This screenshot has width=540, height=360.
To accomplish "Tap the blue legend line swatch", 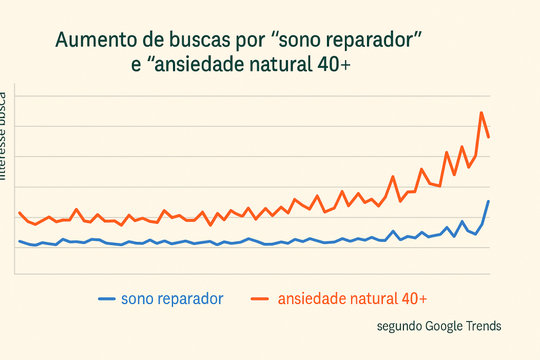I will [x=107, y=299].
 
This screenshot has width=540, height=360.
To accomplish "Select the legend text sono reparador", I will [x=172, y=299].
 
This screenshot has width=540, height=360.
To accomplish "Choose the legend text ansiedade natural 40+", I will [x=352, y=299].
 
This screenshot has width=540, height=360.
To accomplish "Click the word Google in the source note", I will [x=444, y=326].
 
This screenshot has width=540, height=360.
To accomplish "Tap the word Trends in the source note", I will [x=484, y=326].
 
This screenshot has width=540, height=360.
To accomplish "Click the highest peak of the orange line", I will [x=481, y=113].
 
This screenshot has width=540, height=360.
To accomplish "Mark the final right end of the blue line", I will [x=489, y=201].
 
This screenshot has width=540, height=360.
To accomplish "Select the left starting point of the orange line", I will [x=20, y=213].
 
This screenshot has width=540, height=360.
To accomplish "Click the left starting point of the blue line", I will [x=20, y=241].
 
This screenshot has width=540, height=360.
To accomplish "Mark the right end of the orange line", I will [x=489, y=138].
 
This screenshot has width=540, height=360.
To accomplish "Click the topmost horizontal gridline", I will [x=253, y=96].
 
